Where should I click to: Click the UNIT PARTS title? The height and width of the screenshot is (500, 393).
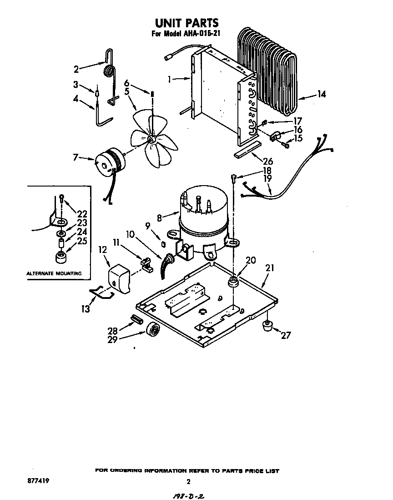pos(187,22)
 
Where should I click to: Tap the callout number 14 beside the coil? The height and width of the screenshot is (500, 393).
pos(321,95)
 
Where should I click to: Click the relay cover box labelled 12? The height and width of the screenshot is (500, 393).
pos(118,278)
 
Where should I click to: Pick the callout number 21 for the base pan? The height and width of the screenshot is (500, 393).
pos(270,268)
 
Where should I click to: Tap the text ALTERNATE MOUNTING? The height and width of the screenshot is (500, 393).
pos(54,273)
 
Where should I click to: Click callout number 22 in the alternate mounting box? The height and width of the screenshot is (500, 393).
pos(83,214)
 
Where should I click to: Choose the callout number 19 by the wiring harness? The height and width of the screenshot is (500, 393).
pos(267,179)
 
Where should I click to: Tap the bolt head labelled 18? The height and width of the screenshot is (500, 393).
pos(234,177)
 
